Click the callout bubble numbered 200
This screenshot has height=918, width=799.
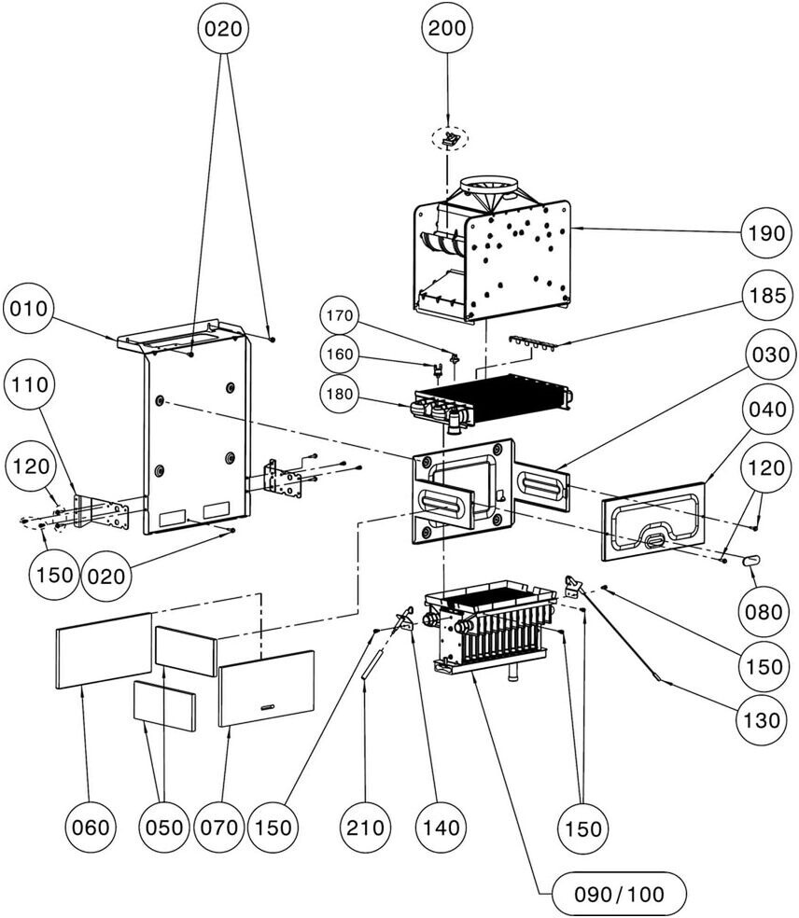click(x=447, y=29)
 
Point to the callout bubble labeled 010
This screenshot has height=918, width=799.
click(x=29, y=309)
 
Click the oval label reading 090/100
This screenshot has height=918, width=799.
click(x=619, y=895)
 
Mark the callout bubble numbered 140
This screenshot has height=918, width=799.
click(x=441, y=827)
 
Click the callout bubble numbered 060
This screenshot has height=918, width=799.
click(x=91, y=827)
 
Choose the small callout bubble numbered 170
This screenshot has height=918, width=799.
click(x=340, y=316)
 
